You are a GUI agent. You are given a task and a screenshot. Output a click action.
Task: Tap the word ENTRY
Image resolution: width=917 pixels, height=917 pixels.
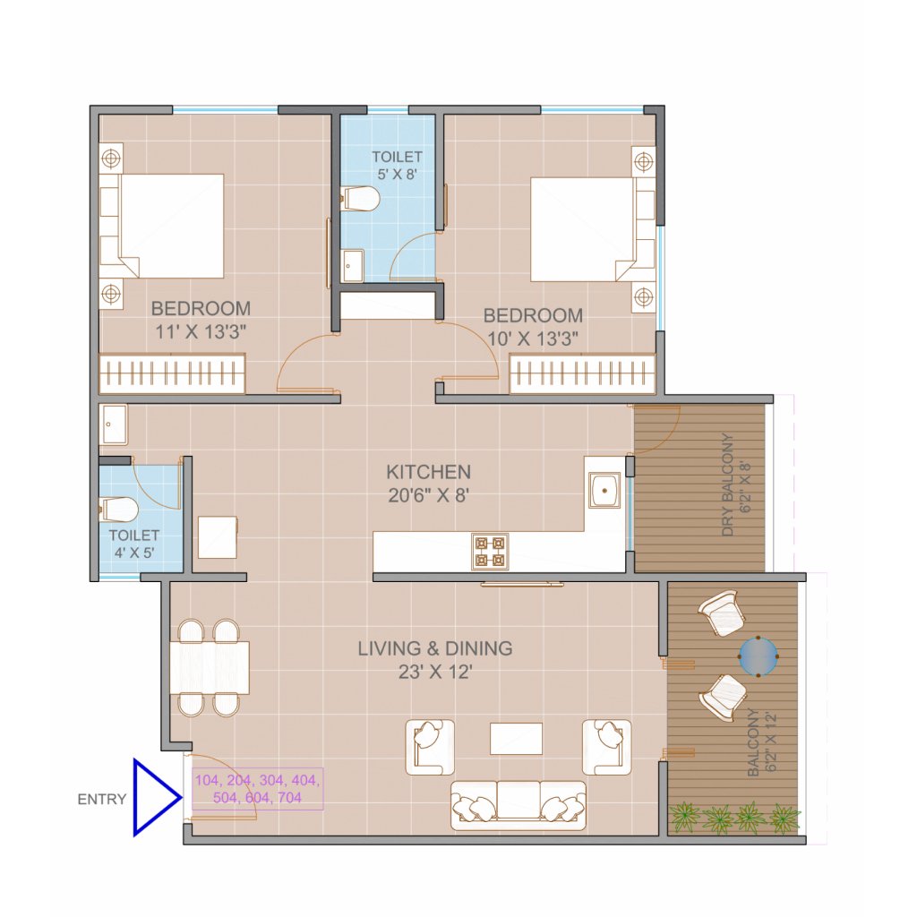coord(102,800)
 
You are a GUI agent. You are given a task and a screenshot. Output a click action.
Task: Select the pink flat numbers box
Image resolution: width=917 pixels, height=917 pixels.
coord(257,789)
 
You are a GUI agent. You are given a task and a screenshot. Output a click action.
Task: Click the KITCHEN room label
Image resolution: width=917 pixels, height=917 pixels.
coord(429,472)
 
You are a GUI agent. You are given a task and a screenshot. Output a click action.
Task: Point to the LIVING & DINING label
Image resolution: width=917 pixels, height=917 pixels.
coord(435,648)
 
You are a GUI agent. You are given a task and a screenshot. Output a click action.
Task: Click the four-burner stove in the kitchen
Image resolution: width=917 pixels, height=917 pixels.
coord(490,552)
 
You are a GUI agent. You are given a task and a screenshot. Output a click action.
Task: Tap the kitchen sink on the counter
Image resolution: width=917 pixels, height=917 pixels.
coord(604,490)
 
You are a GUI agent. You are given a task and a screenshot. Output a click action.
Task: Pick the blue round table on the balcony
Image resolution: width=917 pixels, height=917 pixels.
coord(758,656)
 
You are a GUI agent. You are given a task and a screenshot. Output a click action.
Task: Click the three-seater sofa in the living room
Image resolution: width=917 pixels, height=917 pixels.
coord(518,805)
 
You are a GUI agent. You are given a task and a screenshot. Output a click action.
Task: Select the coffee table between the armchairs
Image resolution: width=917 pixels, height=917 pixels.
coord(517,739)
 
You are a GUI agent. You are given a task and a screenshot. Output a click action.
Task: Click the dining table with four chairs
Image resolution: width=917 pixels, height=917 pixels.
coord(210,668)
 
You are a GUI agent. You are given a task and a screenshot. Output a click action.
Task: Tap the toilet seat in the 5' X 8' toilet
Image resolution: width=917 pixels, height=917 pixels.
coord(360,199)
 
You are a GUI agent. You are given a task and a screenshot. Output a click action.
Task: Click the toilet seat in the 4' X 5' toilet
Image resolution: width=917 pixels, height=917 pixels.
coord(119,510)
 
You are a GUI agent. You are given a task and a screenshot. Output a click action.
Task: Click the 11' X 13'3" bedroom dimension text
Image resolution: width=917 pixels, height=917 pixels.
coord(201,332)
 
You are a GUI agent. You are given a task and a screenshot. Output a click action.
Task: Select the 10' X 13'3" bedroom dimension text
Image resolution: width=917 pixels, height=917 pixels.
coord(533,339)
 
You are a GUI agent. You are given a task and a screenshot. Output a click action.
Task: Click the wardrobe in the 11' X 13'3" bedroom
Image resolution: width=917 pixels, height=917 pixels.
coord(172,373)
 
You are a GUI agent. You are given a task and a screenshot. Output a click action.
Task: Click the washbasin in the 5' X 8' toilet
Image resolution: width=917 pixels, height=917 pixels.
coord(352,265)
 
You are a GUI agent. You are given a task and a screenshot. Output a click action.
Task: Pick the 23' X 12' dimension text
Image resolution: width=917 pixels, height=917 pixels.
coord(435,673)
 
